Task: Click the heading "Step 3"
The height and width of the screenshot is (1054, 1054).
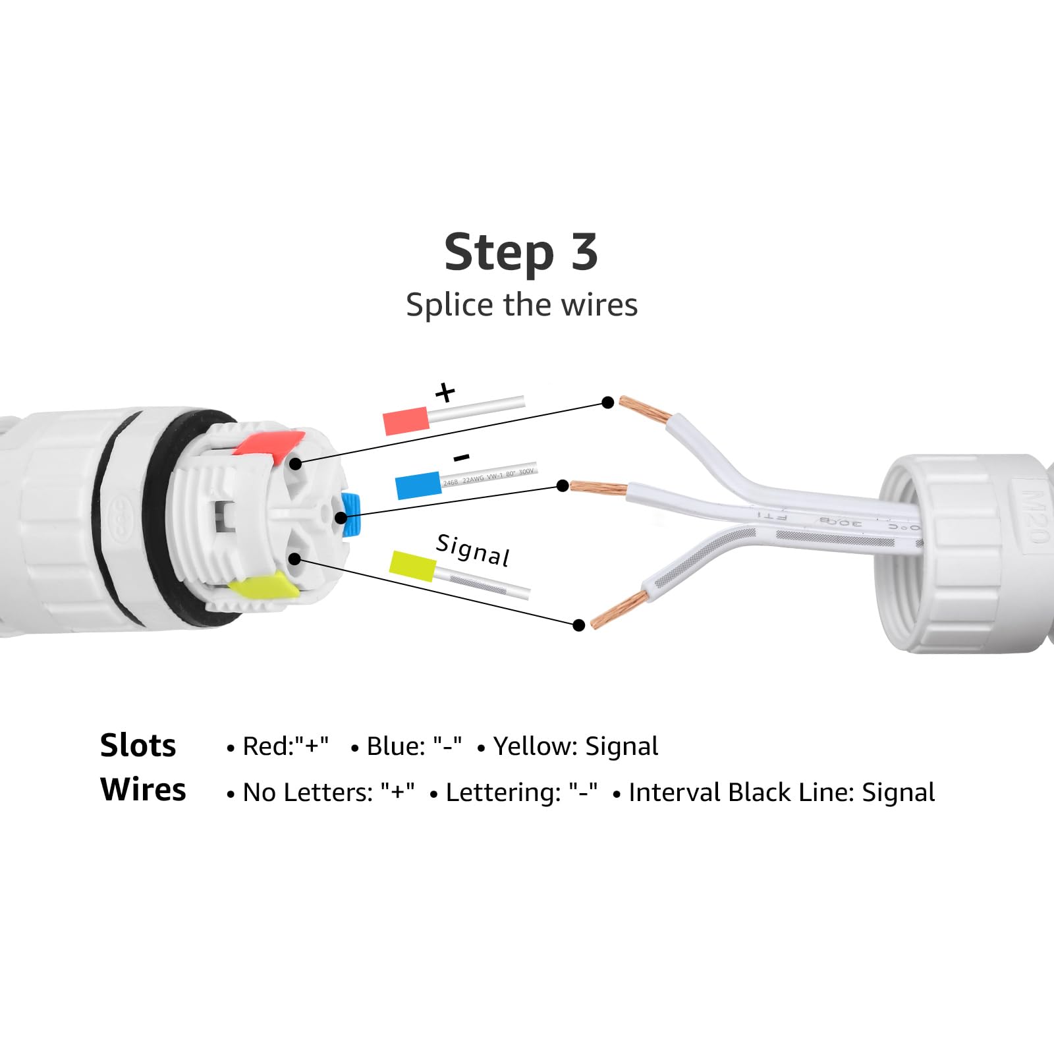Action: (x=521, y=252)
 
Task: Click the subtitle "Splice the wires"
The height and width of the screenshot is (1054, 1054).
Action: (x=521, y=305)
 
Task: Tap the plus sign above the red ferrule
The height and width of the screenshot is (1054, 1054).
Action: (x=445, y=393)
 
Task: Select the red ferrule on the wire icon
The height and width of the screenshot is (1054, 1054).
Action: (x=406, y=421)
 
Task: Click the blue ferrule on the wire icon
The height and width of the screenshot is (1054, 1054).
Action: (x=418, y=485)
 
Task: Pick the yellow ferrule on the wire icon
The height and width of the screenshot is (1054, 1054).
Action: (x=413, y=566)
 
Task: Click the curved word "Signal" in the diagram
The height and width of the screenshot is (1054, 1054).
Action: (x=473, y=551)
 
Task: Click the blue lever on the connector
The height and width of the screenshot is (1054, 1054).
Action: (x=352, y=513)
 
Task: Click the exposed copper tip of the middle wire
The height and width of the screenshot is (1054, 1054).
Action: (x=598, y=488)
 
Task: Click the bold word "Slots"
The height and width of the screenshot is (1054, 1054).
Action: (x=138, y=746)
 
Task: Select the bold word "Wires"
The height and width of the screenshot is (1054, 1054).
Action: (x=143, y=789)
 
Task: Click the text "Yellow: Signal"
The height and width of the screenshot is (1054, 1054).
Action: (x=575, y=746)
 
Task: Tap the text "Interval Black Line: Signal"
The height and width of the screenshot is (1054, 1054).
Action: (x=781, y=792)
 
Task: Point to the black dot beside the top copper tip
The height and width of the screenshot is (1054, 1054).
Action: (x=608, y=402)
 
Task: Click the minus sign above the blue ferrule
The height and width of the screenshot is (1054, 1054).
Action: (x=462, y=457)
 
